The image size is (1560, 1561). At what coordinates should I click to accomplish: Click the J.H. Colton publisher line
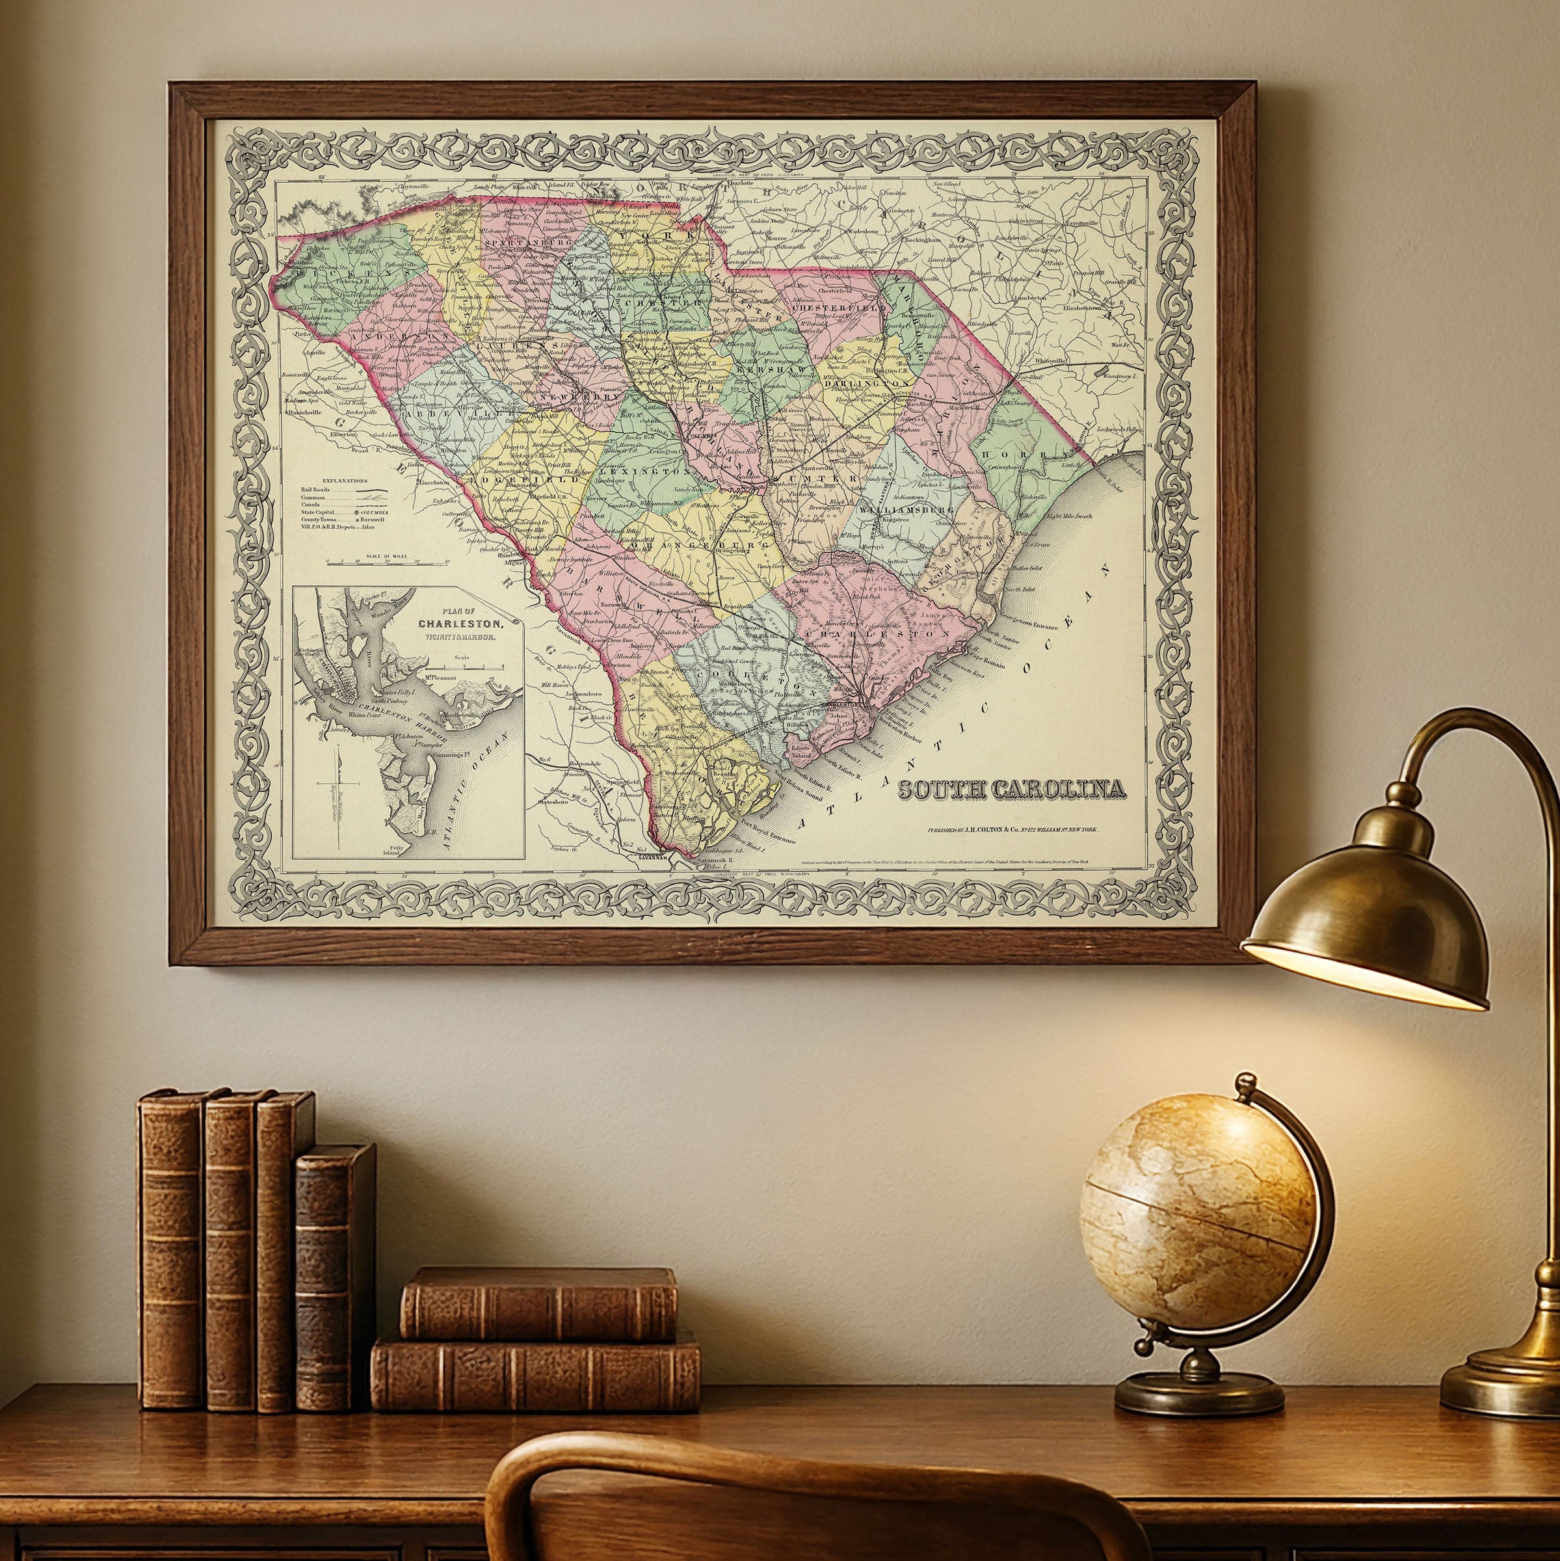pyautogui.click(x=1013, y=831)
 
